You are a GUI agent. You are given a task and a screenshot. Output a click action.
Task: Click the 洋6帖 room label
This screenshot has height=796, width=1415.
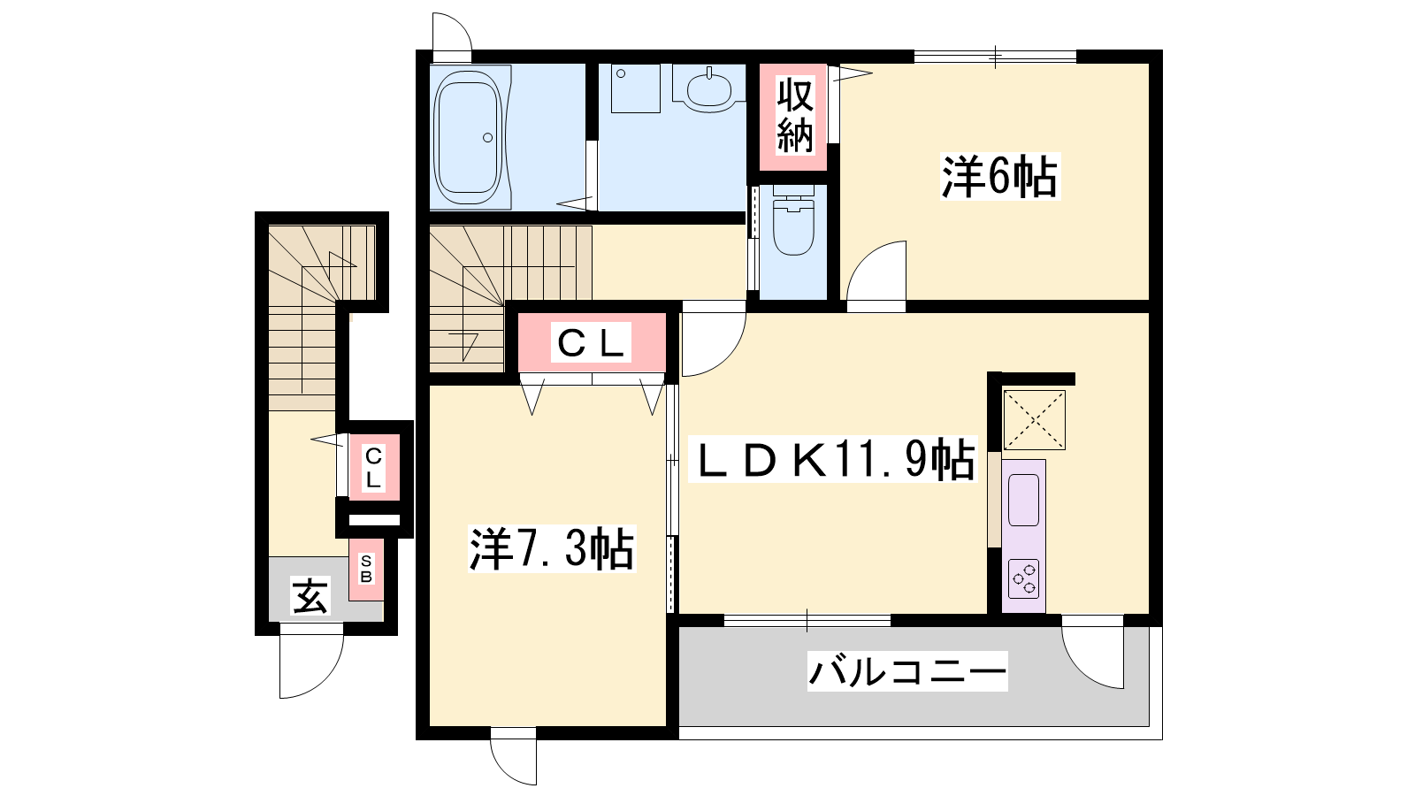(x=999, y=177)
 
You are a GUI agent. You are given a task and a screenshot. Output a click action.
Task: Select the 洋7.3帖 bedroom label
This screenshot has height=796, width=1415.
(x=552, y=548)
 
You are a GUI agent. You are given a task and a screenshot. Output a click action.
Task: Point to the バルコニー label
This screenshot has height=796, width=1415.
(x=907, y=671)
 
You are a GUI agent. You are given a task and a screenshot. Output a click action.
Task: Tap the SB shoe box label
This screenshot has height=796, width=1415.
(x=366, y=569)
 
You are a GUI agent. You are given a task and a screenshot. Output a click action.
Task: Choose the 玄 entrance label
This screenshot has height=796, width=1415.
(x=310, y=596)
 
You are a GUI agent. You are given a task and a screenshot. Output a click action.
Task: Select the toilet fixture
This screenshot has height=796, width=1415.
(x=793, y=220)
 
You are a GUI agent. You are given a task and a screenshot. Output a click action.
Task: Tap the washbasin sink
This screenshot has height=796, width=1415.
(x=709, y=89)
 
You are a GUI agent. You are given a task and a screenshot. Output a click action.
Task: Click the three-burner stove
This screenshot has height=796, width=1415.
(x=1024, y=578)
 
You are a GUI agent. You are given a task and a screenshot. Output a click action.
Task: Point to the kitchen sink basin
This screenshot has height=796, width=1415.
(x=1024, y=500)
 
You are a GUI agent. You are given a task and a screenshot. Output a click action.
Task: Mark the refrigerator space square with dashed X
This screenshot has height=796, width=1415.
(x=1034, y=420)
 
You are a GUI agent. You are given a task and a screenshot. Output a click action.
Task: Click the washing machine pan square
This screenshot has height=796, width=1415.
(x=636, y=88)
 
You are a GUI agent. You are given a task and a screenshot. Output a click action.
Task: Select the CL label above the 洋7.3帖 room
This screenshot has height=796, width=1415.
(x=592, y=343)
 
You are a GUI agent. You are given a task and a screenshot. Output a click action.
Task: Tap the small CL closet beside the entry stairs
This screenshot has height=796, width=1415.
(x=373, y=467)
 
